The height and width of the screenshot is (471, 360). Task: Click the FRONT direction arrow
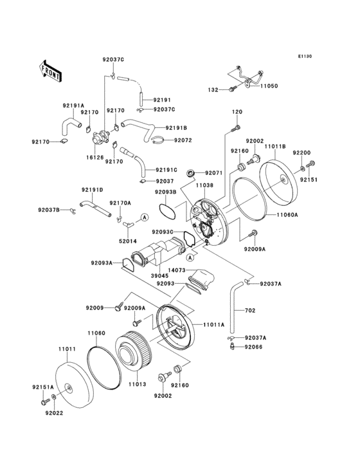pyautogui.click(x=50, y=69)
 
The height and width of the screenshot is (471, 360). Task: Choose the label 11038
pyautogui.click(x=204, y=185)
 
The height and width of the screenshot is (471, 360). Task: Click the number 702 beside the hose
pyautogui.click(x=250, y=311)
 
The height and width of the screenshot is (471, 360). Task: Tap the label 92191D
pyautogui.click(x=91, y=190)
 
